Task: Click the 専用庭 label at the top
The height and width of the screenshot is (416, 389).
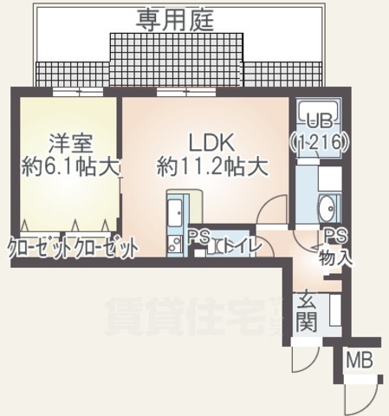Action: click(174, 16)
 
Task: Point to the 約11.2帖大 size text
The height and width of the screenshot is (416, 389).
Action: click(209, 166)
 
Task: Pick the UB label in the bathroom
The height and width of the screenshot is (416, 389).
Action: click(318, 121)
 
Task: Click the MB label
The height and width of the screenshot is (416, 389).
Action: click(359, 360)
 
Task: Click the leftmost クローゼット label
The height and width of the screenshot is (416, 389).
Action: click(38, 248)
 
